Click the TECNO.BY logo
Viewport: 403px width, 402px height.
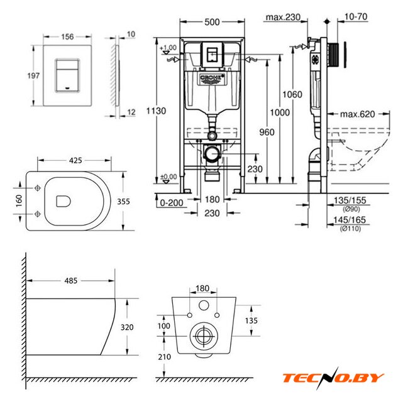pos(333,378)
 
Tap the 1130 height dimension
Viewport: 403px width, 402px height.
pos(157,111)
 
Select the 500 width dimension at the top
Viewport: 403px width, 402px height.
pos(213,22)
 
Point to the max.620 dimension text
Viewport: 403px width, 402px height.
pos(358,114)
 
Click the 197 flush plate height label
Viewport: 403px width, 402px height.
pos(33,76)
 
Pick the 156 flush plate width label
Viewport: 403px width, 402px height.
pos(67,36)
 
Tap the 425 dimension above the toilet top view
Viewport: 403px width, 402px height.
pos(75,160)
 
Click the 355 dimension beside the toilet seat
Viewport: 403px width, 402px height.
pos(123,202)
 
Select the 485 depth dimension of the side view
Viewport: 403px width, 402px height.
pos(70,281)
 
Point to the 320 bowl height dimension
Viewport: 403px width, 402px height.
pos(127,327)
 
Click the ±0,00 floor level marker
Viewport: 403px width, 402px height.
pos(168,177)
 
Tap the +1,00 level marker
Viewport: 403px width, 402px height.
pos(168,48)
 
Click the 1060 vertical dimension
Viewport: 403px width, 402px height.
pos(292,94)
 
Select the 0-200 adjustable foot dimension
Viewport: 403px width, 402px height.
pos(172,203)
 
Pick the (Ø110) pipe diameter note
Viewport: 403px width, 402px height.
pos(351,228)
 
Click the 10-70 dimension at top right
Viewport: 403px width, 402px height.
pos(356,17)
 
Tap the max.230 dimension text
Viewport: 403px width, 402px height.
pos(283,17)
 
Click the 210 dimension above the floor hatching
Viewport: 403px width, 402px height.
pos(165,357)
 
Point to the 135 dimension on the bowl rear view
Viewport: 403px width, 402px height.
pos(251,320)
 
